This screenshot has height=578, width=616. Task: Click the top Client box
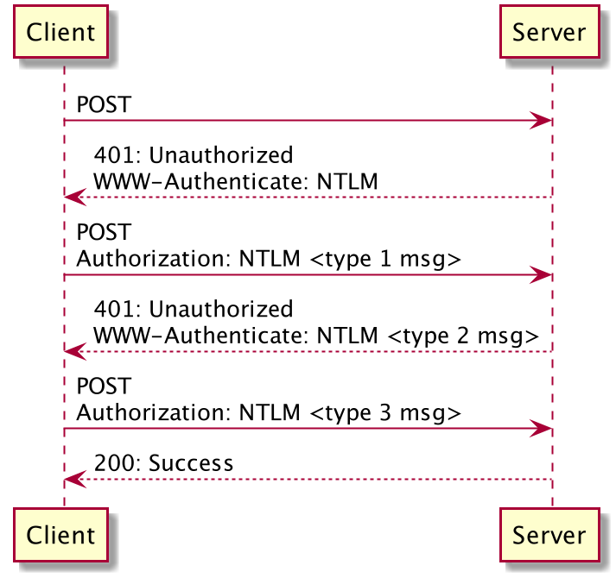(x=60, y=33)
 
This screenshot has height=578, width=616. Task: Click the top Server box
(x=549, y=33)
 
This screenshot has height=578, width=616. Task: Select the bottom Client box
(x=60, y=535)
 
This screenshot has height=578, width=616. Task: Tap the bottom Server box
(x=549, y=535)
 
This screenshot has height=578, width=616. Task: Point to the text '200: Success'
(x=163, y=463)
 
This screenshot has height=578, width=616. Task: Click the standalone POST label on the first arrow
(x=104, y=105)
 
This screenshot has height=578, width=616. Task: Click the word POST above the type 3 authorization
(x=104, y=386)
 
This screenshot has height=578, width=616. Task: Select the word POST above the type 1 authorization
(x=104, y=233)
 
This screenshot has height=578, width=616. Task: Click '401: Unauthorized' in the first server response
(x=193, y=156)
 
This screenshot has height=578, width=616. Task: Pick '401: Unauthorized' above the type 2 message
(x=193, y=310)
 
